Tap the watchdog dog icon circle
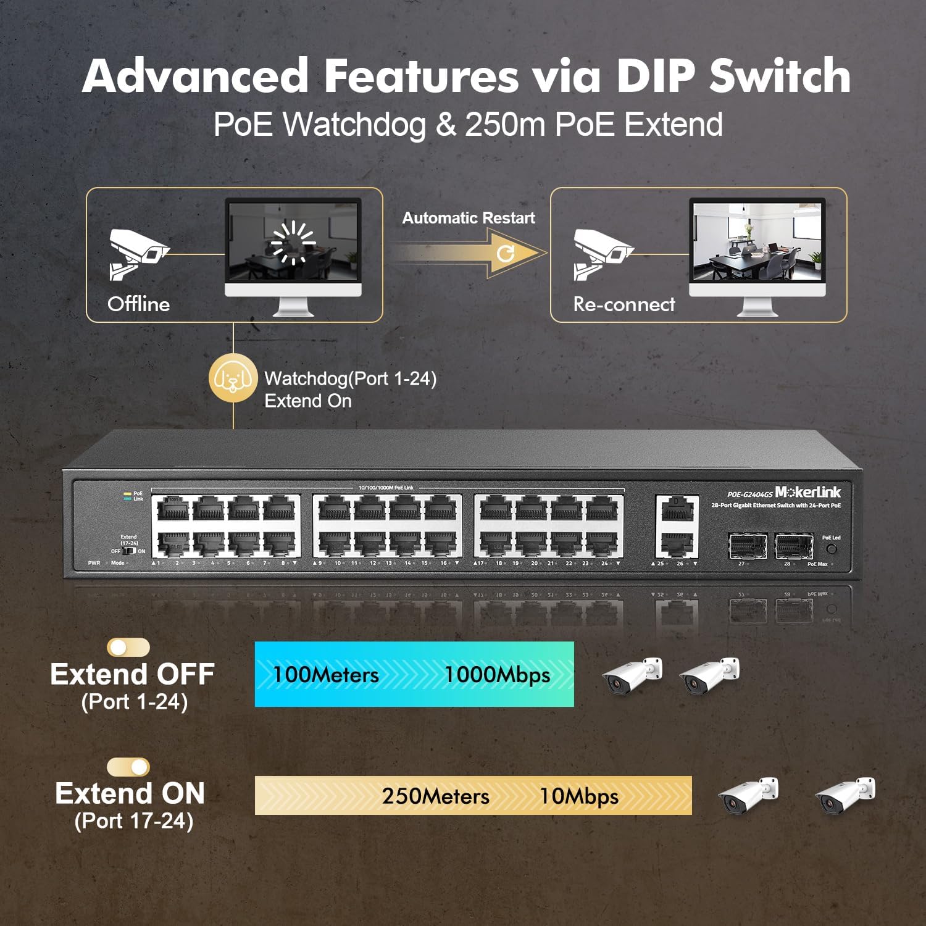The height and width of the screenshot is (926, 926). (x=233, y=378)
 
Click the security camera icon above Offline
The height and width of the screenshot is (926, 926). (x=137, y=252)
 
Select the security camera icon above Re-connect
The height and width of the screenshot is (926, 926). (x=601, y=252)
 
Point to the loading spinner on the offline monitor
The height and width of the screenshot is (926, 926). (x=293, y=242)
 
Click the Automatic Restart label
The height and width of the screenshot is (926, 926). (x=468, y=218)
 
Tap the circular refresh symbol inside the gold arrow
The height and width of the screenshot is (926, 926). (x=506, y=253)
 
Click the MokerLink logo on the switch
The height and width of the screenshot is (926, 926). (x=807, y=492)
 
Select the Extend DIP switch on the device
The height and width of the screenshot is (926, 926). (x=129, y=551)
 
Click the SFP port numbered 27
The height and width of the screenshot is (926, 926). (x=748, y=546)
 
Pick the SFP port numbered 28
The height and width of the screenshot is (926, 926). (x=794, y=546)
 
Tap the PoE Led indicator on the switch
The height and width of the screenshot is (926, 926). (x=832, y=548)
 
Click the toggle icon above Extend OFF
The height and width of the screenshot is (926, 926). (x=128, y=647)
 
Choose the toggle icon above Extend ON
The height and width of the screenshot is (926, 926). (x=128, y=767)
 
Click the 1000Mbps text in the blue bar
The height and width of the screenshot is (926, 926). (x=497, y=675)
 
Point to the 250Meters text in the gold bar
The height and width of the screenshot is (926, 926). (x=435, y=796)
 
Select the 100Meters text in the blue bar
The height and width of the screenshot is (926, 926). (x=326, y=675)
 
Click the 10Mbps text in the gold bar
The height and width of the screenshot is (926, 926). (x=579, y=796)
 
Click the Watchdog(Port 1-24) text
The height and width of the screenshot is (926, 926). (x=350, y=378)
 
